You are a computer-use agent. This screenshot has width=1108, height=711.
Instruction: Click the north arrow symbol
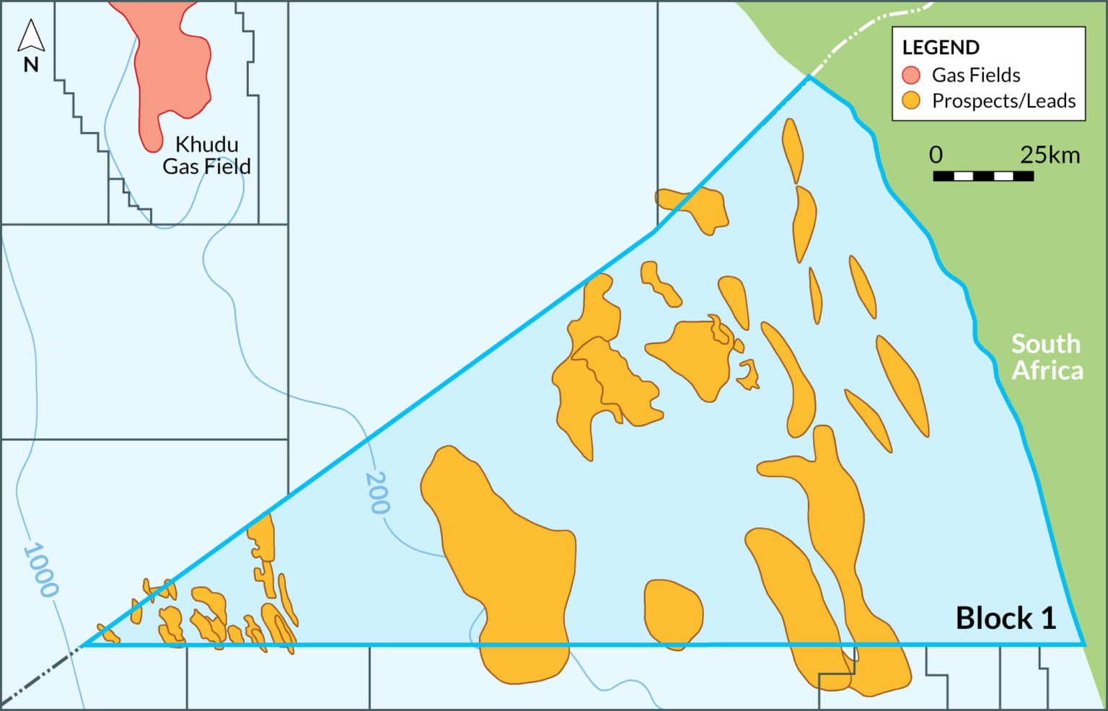point(31,35)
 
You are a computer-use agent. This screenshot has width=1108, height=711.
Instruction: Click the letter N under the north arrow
point(31,65)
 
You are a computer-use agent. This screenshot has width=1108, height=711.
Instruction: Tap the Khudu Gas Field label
point(206,155)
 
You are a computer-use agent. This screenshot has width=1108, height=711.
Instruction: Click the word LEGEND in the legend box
point(941,48)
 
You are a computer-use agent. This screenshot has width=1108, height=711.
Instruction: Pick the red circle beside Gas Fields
point(911,75)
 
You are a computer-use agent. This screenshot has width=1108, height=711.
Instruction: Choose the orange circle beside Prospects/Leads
point(911,101)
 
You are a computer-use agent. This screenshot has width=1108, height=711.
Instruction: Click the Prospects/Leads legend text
point(1003,101)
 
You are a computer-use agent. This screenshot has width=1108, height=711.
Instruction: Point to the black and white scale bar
point(983,176)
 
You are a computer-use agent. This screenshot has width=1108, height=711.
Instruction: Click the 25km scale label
point(1050,155)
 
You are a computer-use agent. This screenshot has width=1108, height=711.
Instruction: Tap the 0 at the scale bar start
point(936,155)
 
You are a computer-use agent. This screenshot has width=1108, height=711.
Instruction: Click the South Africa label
point(1047,357)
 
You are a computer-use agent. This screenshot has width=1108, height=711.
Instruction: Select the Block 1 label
point(1006,618)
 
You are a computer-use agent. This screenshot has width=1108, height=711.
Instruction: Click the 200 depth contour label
point(377,493)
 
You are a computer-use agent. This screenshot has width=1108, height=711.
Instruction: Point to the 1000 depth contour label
point(40,570)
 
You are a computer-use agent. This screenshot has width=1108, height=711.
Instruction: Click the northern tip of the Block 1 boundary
point(809,76)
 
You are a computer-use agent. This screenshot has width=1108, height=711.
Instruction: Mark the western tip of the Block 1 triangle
point(82,645)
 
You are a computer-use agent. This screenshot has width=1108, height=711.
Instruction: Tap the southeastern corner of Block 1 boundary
point(1083,644)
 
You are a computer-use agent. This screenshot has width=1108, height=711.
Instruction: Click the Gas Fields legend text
point(975,75)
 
